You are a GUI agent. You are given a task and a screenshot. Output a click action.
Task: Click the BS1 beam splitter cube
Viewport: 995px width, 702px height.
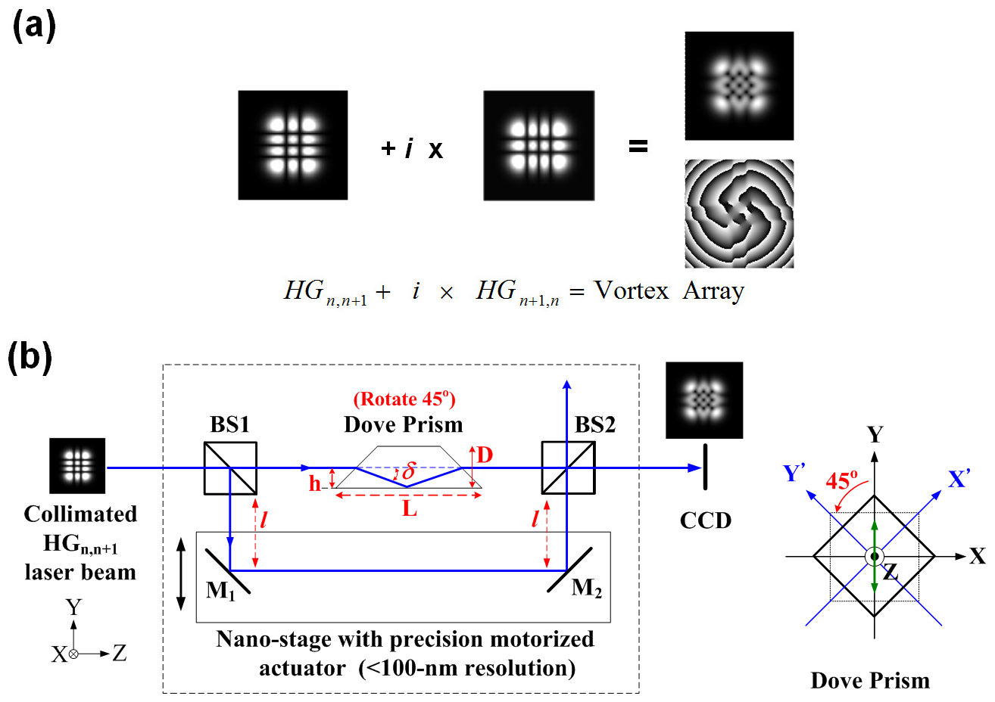[x=231, y=468]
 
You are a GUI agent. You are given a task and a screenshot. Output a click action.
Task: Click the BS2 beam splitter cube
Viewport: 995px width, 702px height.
[x=568, y=468]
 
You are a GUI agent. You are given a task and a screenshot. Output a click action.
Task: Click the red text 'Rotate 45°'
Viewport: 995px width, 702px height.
[x=404, y=399]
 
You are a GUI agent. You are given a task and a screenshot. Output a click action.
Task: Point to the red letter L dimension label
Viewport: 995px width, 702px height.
[x=410, y=509]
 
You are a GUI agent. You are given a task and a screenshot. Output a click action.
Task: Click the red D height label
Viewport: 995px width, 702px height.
[x=485, y=455]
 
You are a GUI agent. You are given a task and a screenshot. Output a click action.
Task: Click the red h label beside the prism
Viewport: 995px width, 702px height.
[x=315, y=483]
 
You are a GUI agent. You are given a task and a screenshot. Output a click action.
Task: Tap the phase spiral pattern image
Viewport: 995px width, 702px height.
[x=739, y=213]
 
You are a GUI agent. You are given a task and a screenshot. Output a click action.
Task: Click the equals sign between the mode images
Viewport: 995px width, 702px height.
[x=638, y=147]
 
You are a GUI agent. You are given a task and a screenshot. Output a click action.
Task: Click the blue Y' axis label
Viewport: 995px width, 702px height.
[x=793, y=474]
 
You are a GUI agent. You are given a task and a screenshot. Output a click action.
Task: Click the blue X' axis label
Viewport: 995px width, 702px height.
[x=959, y=480]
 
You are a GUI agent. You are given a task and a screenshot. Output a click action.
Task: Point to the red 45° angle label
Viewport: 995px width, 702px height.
[x=841, y=480]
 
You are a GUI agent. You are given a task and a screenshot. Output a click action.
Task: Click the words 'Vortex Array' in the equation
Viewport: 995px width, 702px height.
[x=669, y=291]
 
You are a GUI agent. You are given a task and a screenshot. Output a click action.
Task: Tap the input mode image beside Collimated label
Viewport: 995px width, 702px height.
[x=77, y=465]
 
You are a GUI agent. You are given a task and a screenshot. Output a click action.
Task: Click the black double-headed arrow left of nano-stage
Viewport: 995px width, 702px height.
[x=180, y=574]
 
